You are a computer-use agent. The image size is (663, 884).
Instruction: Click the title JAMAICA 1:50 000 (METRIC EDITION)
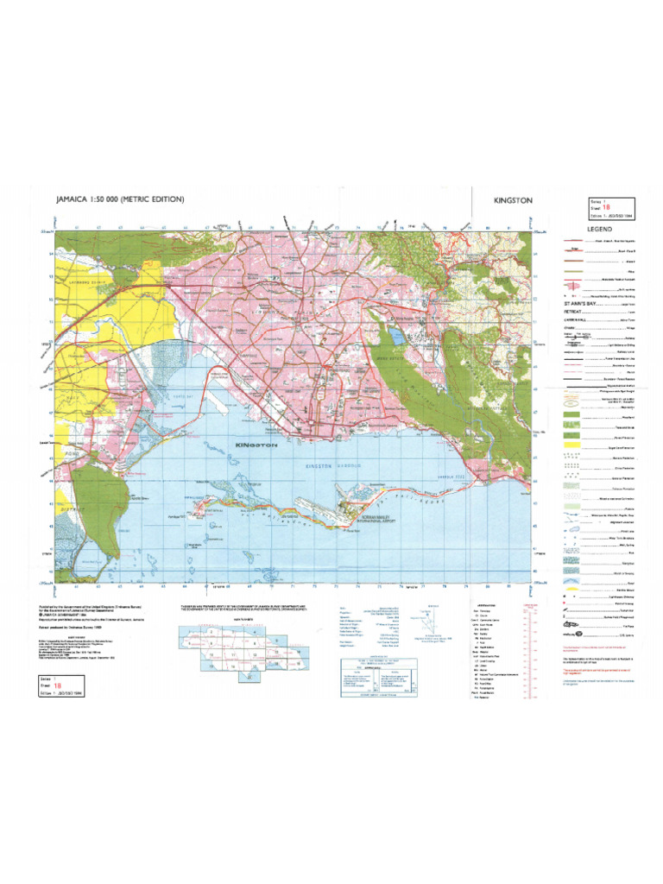(120, 199)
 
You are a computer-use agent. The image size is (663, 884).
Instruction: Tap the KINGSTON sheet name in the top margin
(513, 200)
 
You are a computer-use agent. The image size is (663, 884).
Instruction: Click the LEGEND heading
(600, 229)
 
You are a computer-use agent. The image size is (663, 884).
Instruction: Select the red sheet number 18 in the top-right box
(593, 207)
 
